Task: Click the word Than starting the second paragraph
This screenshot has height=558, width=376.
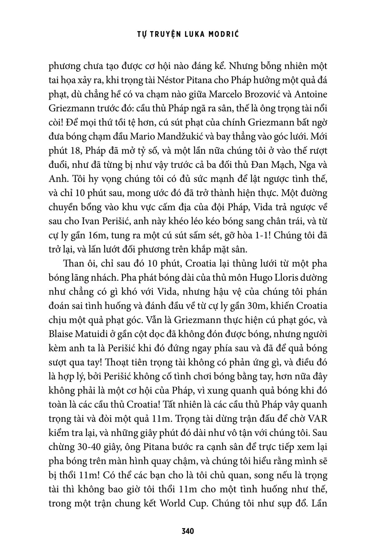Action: (x=72, y=264)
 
